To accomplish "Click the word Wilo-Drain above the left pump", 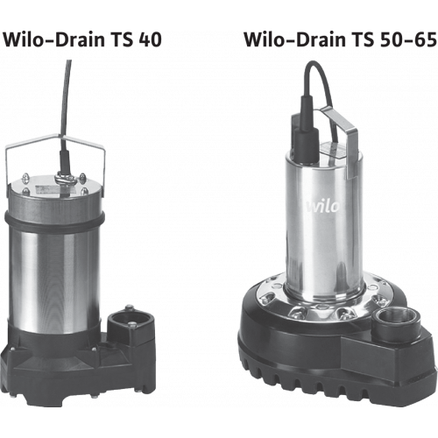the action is click(x=53, y=39).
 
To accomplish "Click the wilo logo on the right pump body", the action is click(x=322, y=206).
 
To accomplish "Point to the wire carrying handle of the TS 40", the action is click(x=55, y=140).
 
